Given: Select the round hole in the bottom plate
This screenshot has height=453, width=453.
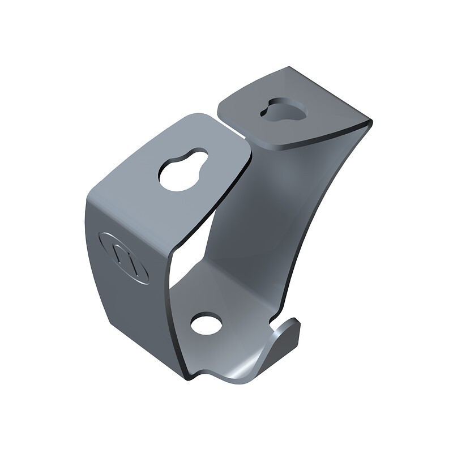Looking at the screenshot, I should pyautogui.click(x=206, y=324).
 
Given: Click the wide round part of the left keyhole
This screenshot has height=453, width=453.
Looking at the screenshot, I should pyautogui.click(x=176, y=176).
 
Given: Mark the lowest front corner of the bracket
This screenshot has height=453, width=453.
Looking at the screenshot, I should pyautogui.click(x=190, y=377).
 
